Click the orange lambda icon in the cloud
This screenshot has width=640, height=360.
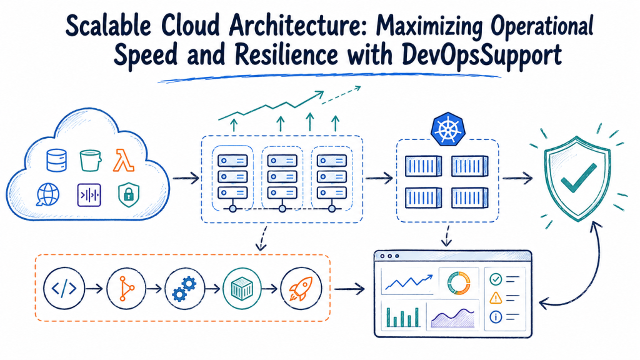[x=123, y=161]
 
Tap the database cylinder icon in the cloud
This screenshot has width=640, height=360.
[x=57, y=160]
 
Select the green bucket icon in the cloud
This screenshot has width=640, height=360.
[x=90, y=161]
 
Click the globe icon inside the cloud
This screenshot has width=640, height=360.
[x=47, y=194]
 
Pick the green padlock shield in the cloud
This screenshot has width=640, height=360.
[x=129, y=195]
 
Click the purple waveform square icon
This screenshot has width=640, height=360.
[x=89, y=195]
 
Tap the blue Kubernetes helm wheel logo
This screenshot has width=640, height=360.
[x=448, y=129]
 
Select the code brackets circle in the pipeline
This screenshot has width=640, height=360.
[x=64, y=288]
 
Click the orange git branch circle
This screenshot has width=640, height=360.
[x=126, y=288]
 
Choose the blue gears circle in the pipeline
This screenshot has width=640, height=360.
[x=184, y=288]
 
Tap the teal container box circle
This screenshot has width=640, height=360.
[x=242, y=288]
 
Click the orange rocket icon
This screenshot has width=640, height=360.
[x=301, y=288]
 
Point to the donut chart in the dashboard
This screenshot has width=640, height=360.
[x=459, y=282]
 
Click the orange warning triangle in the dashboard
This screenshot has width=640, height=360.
[x=496, y=297]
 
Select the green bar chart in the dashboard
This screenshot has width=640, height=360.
[x=403, y=317]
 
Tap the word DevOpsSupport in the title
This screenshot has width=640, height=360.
[x=482, y=55]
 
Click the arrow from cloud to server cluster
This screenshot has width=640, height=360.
[x=186, y=178]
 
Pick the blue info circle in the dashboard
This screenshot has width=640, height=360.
[x=496, y=317]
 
